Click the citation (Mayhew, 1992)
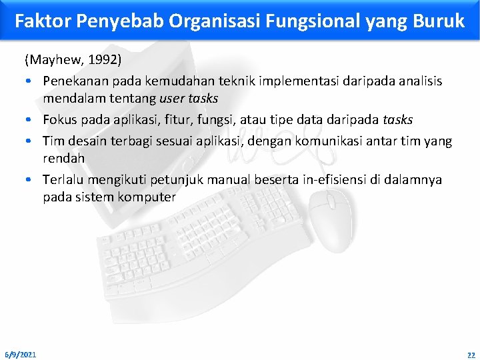coord(73,61)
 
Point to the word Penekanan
coord(73,81)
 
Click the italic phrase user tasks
coord(189,99)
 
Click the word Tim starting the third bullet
coord(53,141)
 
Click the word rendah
coord(63,159)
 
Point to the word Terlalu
coord(64,180)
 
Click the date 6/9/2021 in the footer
coord(21,353)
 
